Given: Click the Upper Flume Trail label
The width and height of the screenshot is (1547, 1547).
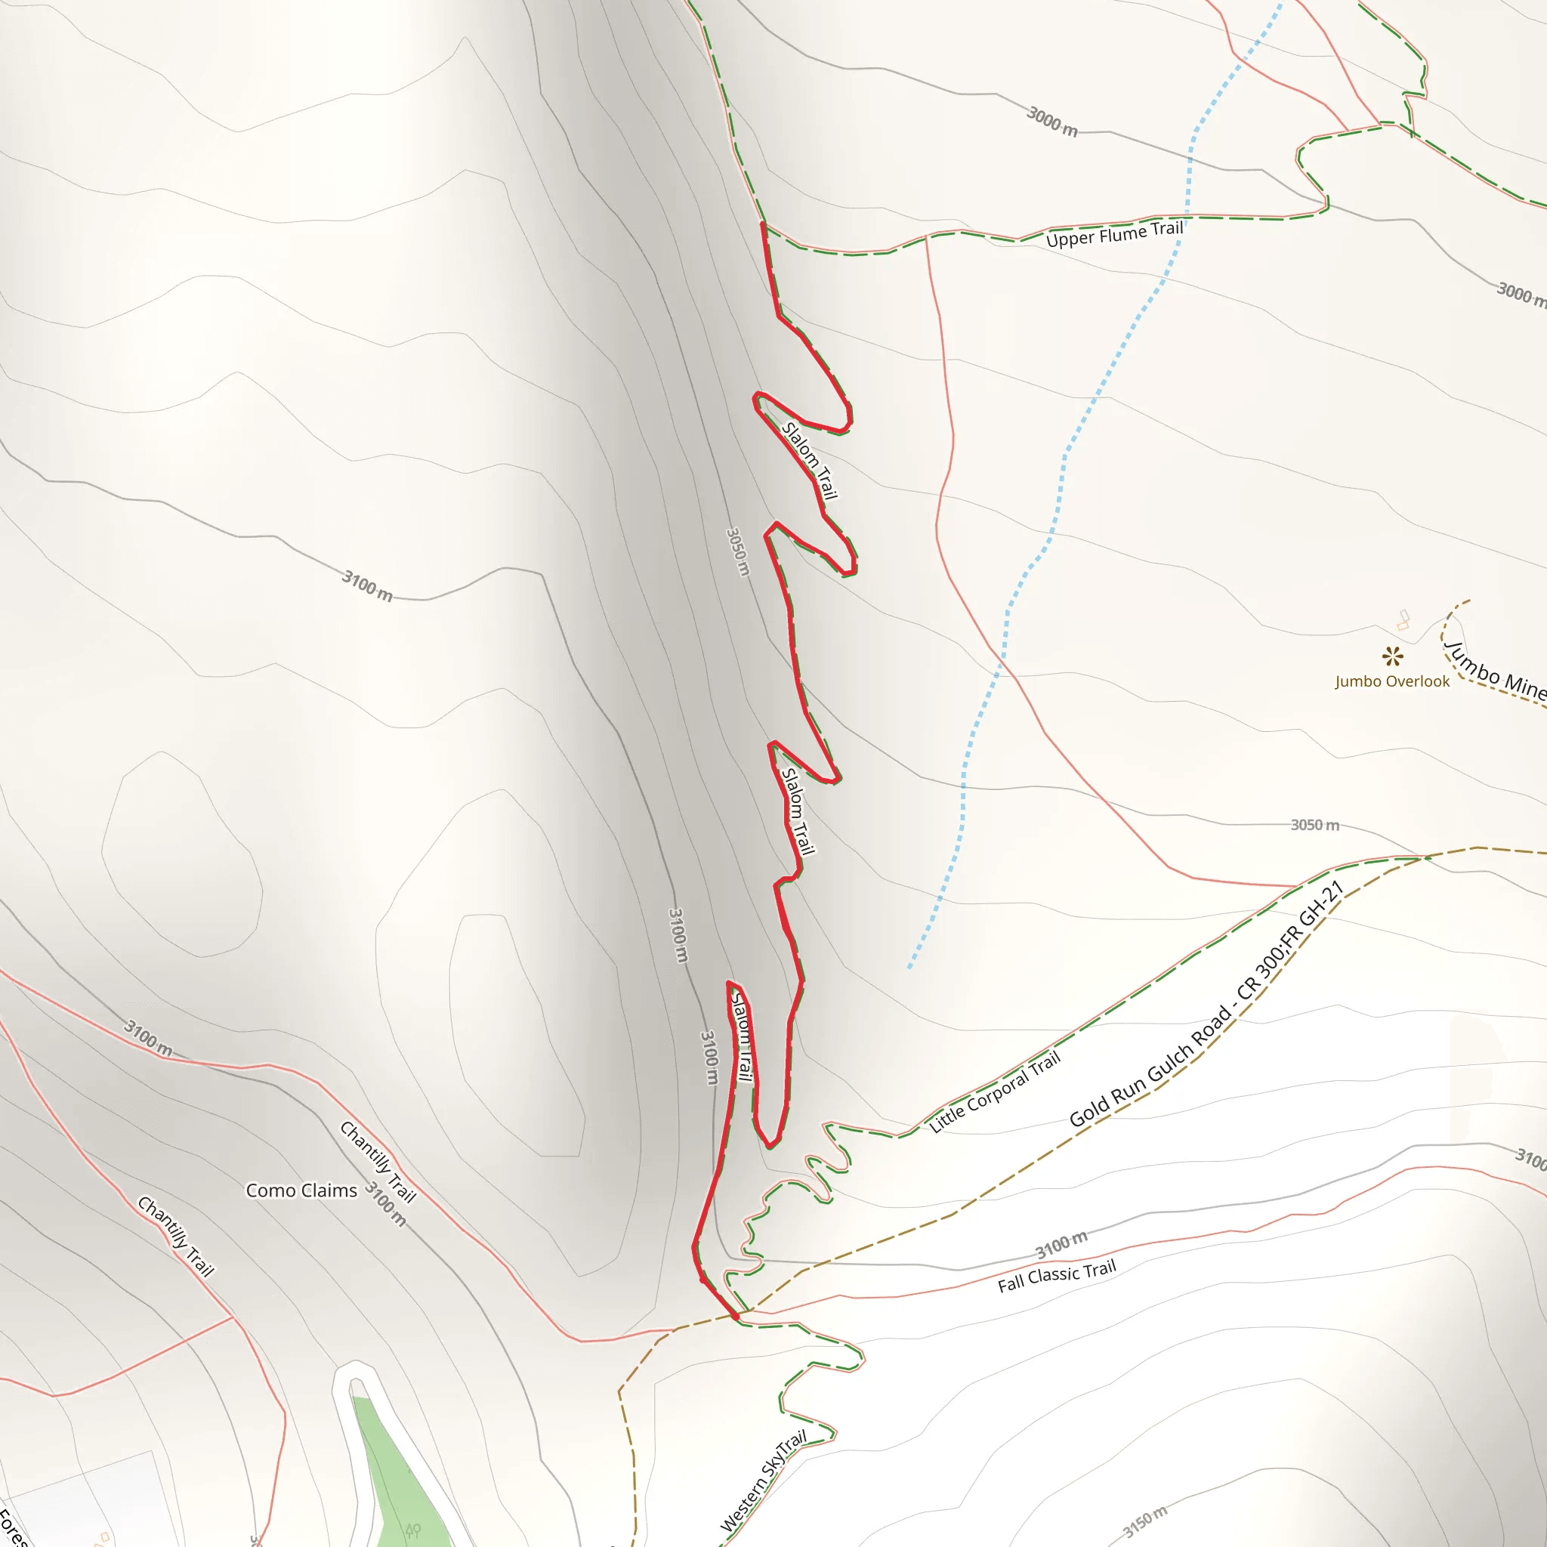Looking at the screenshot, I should click(1114, 235).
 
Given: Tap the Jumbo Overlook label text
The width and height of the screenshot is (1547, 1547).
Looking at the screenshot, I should click(1391, 681).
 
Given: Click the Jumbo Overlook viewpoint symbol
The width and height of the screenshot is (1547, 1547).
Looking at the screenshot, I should click(1392, 656).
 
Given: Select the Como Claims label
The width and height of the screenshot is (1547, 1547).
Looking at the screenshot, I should click(301, 1190).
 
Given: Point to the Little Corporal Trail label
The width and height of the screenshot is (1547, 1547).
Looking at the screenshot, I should click(995, 1091).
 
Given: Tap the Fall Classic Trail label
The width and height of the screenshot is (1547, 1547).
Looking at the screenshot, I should click(1056, 1277).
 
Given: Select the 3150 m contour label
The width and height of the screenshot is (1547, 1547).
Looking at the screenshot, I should click(1145, 1521).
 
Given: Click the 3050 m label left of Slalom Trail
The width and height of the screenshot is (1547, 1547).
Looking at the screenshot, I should click(737, 551).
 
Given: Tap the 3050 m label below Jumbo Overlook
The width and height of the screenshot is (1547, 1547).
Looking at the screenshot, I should click(1315, 825).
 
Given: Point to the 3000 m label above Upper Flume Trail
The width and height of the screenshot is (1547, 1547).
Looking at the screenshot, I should click(1051, 121).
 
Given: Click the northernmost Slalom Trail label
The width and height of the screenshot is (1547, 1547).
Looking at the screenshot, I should click(809, 461).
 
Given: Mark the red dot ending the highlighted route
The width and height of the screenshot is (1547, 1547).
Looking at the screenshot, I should click(734, 1316).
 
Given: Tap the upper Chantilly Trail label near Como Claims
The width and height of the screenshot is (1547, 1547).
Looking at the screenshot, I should click(378, 1162).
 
